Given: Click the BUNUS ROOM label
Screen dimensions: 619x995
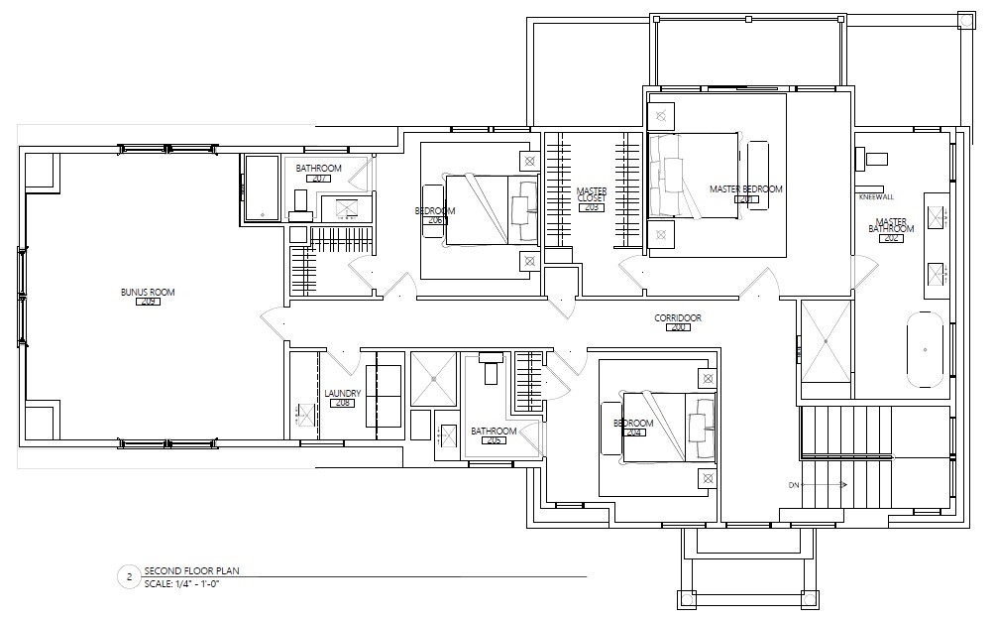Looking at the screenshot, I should point(148,292).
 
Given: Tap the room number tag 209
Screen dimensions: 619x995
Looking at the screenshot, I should point(148,302).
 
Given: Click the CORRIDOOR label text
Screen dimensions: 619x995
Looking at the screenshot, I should point(678,317).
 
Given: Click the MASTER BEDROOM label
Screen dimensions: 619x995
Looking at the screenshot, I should point(745,188).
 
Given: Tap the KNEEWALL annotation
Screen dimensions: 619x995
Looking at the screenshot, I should point(876,196).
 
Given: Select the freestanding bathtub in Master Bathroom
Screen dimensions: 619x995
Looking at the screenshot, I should point(925,349).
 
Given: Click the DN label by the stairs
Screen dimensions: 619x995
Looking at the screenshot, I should point(794,485).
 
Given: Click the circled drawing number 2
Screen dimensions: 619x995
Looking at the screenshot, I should point(126,576).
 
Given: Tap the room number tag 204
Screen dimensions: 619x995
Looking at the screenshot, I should point(635,433).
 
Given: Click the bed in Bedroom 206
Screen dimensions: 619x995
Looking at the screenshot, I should point(491,208).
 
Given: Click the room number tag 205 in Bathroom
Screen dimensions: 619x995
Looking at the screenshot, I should point(493,439).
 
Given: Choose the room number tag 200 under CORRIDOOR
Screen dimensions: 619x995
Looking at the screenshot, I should point(678,327).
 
